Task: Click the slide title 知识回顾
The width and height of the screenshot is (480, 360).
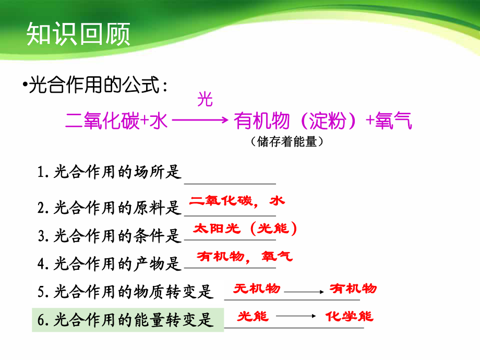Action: [x=78, y=34]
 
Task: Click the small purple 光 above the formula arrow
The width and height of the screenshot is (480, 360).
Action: [x=205, y=99]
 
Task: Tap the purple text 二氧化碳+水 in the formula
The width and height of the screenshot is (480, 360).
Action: [x=116, y=122]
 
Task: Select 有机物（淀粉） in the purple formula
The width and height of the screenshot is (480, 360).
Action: [x=298, y=122]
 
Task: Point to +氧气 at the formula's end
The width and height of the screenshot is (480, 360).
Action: [x=389, y=122]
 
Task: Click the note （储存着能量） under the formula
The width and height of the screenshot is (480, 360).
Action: [x=284, y=141]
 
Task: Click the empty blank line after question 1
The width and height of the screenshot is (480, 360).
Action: [x=230, y=177]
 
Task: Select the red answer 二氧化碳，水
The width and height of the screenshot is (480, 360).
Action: [x=237, y=201]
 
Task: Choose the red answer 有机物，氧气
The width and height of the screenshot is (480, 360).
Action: [x=245, y=256]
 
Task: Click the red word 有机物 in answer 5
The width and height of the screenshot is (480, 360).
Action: [x=353, y=289]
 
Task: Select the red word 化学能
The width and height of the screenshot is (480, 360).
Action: [x=350, y=316]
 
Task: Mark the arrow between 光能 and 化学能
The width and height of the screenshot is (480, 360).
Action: [x=295, y=316]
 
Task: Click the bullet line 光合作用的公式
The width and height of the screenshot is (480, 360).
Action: [x=97, y=85]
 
